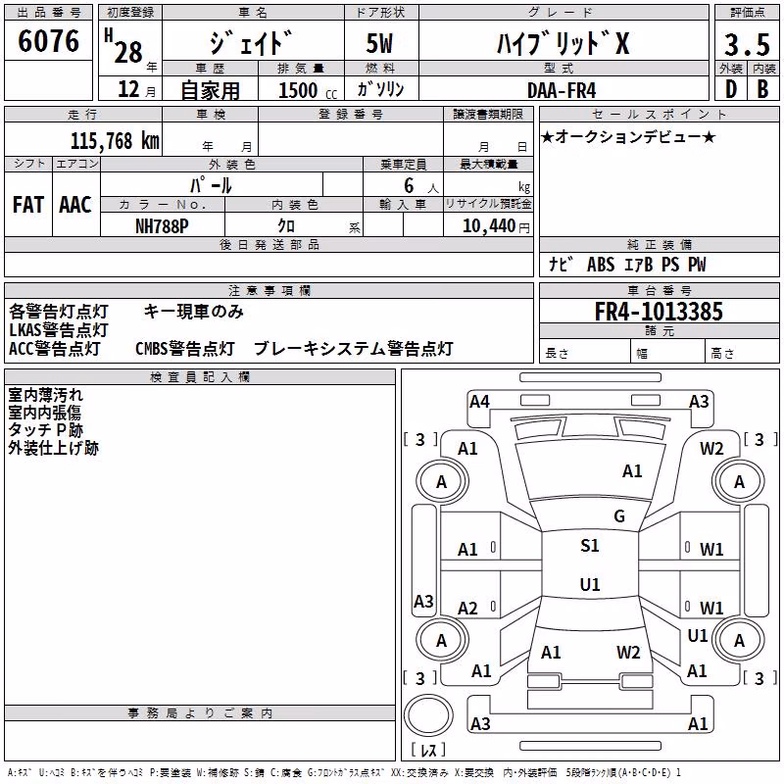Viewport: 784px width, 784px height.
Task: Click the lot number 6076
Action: [x=48, y=41]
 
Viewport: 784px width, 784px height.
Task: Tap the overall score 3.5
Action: [x=747, y=45]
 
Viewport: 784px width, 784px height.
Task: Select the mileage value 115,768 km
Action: [x=115, y=141]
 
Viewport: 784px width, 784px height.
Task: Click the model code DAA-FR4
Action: [x=562, y=90]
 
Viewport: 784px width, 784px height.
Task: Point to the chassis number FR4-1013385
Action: [x=659, y=312]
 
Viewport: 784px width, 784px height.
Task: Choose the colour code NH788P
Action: [x=162, y=226]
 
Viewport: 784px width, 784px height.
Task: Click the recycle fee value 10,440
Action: [x=488, y=226]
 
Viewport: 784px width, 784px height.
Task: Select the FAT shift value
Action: [x=28, y=205]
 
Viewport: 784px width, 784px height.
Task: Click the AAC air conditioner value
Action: [x=75, y=205]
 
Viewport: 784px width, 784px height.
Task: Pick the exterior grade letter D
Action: [x=731, y=89]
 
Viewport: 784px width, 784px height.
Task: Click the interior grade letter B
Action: [x=762, y=89]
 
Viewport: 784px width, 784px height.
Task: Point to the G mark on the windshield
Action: [x=619, y=516]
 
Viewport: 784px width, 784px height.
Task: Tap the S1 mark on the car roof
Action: [x=590, y=546]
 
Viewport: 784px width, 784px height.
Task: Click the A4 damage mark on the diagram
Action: [x=479, y=402]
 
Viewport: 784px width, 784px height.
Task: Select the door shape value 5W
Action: [x=379, y=43]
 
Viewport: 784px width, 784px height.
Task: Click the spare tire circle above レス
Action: [x=428, y=715]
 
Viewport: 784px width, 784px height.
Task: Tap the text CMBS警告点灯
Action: [x=185, y=349]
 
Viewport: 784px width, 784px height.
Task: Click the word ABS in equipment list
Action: [x=601, y=265]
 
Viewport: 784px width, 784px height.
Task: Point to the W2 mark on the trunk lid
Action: [x=628, y=653]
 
